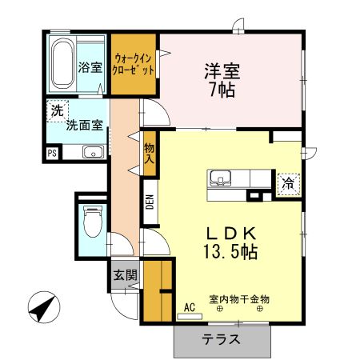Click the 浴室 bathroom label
pyautogui.click(x=90, y=67)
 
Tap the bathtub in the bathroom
pyautogui.click(x=62, y=63)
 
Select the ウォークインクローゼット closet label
pyautogui.click(x=134, y=64)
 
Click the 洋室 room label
pyautogui.click(x=218, y=70)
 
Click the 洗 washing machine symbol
pyautogui.click(x=56, y=110)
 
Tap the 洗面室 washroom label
pyautogui.click(x=82, y=125)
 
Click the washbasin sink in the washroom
pyautogui.click(x=93, y=152)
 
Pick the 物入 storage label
pyautogui.click(x=149, y=153)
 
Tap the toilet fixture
pyautogui.click(x=92, y=222)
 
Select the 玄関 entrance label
pyautogui.click(x=124, y=276)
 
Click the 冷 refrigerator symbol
pyautogui.click(x=286, y=183)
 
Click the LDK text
pyautogui.click(x=231, y=233)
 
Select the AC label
pyautogui.click(x=190, y=306)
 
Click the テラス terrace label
pyautogui.click(x=221, y=338)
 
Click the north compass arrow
pyautogui.click(x=45, y=307)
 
